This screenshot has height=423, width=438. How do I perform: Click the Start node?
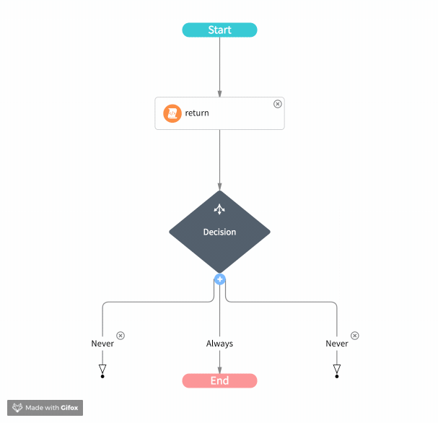[x=219, y=30]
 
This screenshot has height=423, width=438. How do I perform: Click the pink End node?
[x=219, y=380]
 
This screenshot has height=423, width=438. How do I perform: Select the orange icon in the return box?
[x=172, y=113]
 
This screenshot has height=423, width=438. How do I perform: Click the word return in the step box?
[x=197, y=113]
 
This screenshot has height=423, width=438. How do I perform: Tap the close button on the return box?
[x=277, y=104]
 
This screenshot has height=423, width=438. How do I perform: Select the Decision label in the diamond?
[x=219, y=232]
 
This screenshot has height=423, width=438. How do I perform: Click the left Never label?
[x=102, y=344]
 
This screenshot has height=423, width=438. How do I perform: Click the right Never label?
[x=337, y=344]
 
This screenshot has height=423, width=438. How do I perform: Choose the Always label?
[x=219, y=344]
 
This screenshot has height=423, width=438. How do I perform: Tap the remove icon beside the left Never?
[x=121, y=336]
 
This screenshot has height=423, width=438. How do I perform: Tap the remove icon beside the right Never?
[x=355, y=336]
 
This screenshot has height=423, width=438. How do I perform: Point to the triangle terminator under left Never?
[x=102, y=370]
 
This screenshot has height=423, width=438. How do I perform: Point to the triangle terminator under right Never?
[x=337, y=370]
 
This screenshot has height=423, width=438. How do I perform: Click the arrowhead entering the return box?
[x=219, y=94]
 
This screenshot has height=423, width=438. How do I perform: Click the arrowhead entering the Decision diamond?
[x=219, y=186]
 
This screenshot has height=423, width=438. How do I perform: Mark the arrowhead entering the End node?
[x=219, y=370]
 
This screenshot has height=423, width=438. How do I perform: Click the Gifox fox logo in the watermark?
[x=17, y=408]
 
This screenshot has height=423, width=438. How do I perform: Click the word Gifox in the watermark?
[x=70, y=408]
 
